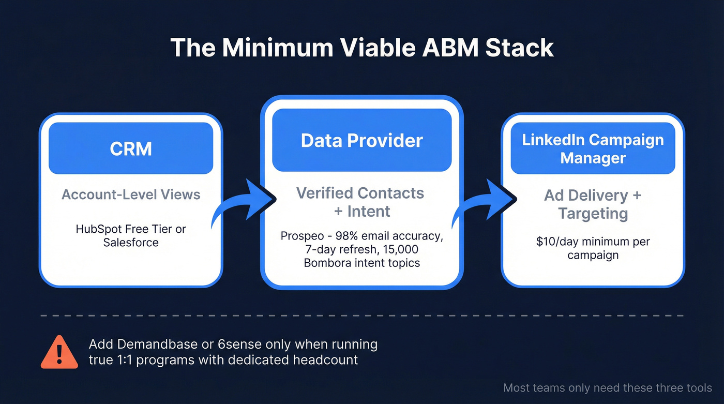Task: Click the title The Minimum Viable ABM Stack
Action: pos(362,47)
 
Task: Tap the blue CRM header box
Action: pos(131,148)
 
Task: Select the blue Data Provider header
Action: pos(361,140)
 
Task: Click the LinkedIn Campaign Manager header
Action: pos(593,148)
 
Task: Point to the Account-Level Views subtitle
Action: pos(131,194)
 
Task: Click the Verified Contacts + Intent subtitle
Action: pos(360,202)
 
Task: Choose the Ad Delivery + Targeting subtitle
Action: pos(593,204)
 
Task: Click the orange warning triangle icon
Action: pos(59,352)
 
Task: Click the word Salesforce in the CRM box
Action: pos(131,242)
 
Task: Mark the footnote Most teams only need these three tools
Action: pos(607,387)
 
